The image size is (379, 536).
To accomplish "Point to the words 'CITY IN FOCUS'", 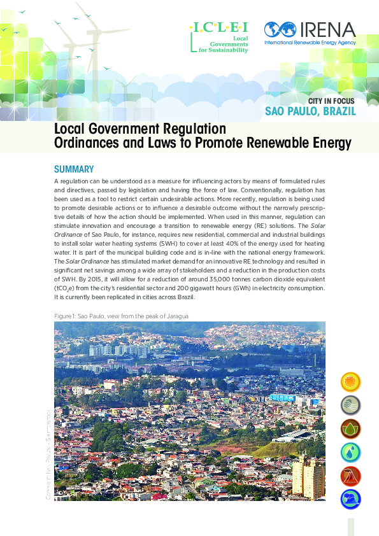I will [332, 101].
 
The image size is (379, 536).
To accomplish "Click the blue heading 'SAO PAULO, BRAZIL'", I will [310, 113].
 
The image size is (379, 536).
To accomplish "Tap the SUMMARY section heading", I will [74, 169].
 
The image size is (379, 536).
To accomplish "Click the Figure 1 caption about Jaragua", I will [121, 316].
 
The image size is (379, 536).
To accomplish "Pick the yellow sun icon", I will [350, 382].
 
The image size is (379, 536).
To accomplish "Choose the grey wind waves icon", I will [350, 405].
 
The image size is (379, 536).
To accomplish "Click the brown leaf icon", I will [350, 428].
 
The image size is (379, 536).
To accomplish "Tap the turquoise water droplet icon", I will [350, 452].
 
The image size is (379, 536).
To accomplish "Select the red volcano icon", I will [350, 476].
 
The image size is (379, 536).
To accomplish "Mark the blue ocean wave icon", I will [350, 499].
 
